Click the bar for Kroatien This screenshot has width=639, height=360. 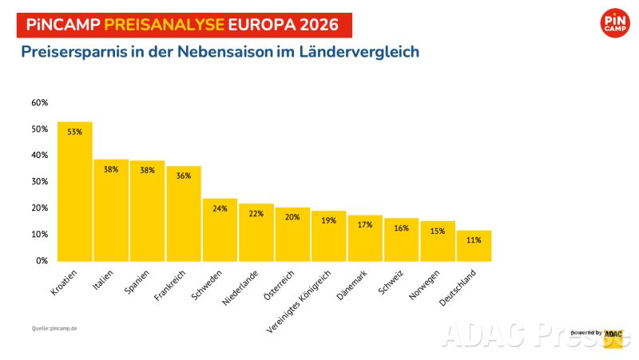75,192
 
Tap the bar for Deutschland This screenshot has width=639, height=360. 474,246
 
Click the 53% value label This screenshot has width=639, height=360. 75,132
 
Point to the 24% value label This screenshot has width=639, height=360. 220,208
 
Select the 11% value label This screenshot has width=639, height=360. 474,239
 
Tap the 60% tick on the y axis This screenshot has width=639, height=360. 40,103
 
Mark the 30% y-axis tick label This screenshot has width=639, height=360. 40,182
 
